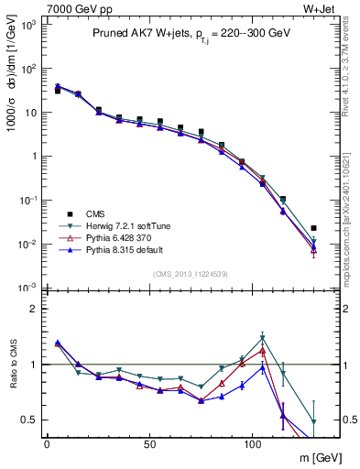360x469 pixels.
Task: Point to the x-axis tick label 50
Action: tap(149, 444)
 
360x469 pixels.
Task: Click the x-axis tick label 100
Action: tap(253, 444)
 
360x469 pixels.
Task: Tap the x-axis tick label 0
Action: tap(47, 444)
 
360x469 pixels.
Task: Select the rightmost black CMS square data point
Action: tap(314, 228)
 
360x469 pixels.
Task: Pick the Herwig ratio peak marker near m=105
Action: tap(262, 337)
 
